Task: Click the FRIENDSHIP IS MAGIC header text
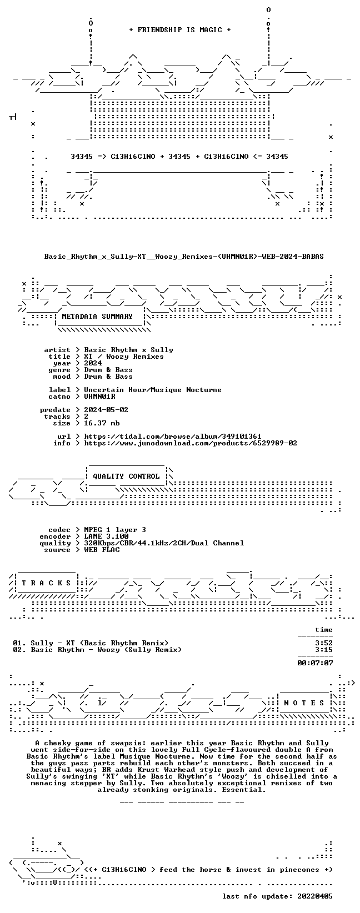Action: [x=180, y=30]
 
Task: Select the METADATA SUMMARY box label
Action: [x=97, y=317]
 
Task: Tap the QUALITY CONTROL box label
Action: [x=126, y=476]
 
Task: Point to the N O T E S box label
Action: [x=304, y=703]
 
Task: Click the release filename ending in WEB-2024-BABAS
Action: [x=184, y=257]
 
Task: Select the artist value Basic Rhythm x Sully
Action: [x=128, y=350]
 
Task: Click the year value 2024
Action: [x=93, y=363]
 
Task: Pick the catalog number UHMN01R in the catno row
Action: [x=99, y=396]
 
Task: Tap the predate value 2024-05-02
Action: [x=106, y=410]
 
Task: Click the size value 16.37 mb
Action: [x=102, y=423]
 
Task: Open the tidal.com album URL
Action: [x=172, y=437]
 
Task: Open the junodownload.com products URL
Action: [x=191, y=443]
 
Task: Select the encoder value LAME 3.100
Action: [x=106, y=536]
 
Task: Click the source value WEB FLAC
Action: [x=102, y=550]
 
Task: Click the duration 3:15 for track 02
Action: [x=324, y=650]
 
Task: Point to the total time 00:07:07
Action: [x=315, y=663]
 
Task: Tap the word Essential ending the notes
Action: [x=244, y=790]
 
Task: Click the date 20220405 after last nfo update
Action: [x=315, y=896]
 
